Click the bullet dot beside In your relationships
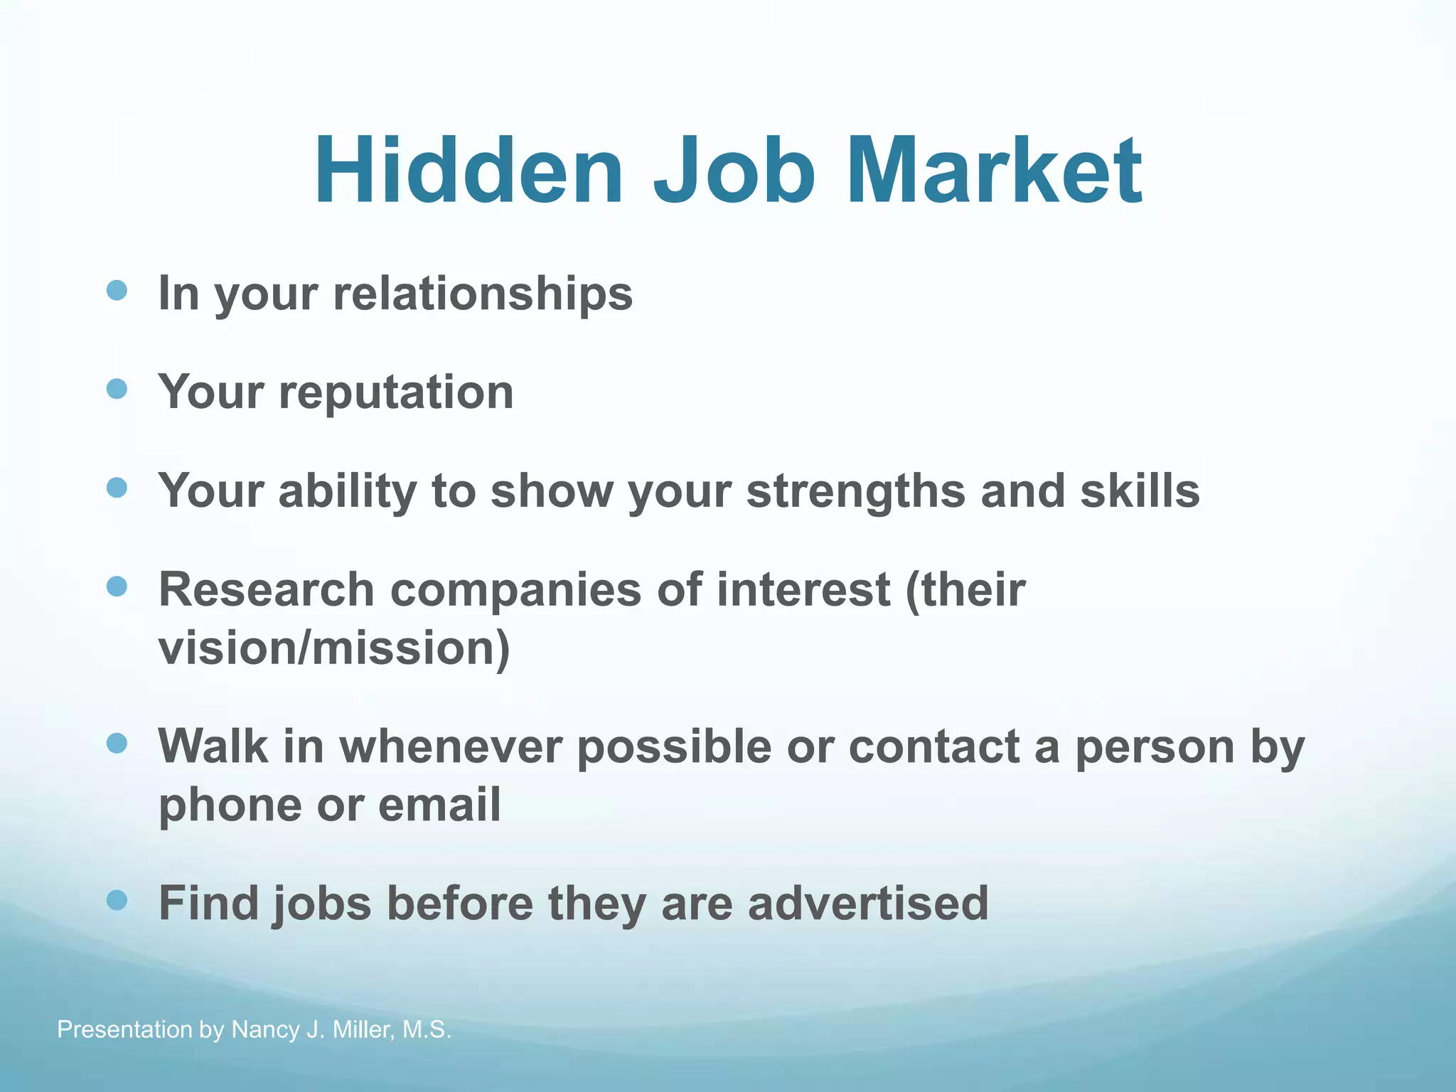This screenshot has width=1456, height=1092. click(117, 290)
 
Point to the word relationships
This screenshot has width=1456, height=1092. click(483, 293)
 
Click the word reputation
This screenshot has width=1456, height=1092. click(396, 392)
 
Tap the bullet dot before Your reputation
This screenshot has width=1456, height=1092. click(117, 389)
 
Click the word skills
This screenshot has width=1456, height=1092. click(1140, 491)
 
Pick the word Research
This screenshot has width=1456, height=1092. click(266, 589)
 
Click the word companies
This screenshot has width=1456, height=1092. click(515, 591)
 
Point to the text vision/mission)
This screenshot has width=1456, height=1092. click(334, 648)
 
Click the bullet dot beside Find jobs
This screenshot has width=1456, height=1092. click(117, 901)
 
